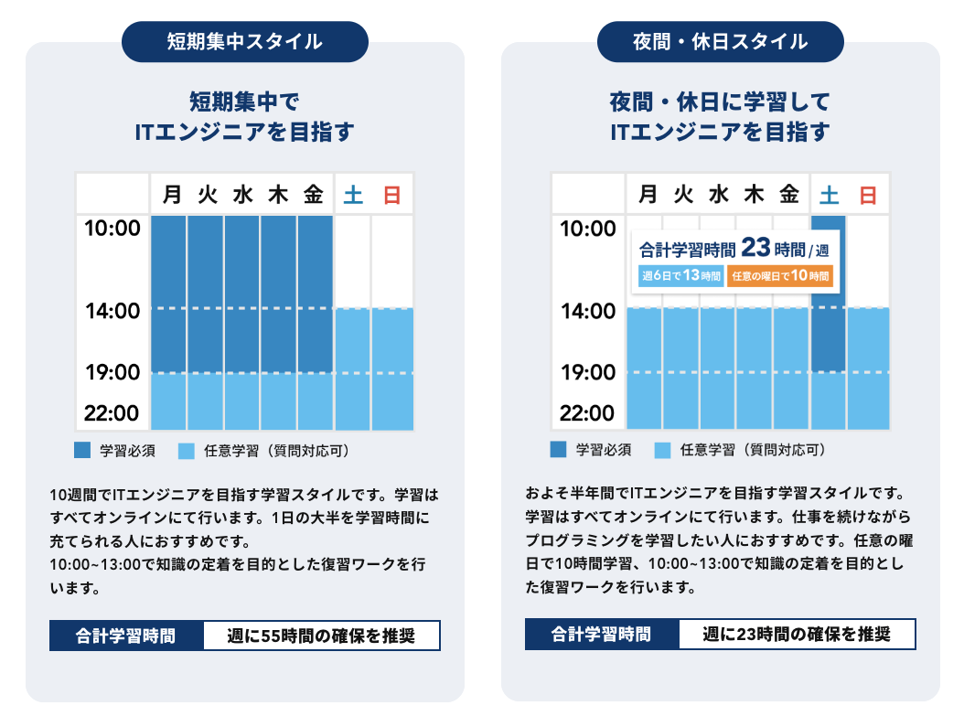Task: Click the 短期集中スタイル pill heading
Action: (244, 41)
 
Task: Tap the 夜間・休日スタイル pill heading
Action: (720, 41)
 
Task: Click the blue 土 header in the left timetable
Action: (352, 194)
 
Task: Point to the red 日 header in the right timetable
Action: (868, 194)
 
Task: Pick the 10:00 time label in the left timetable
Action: (112, 228)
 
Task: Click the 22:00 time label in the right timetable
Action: (588, 413)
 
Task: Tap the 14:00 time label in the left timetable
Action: (112, 312)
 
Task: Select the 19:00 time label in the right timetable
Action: (588, 372)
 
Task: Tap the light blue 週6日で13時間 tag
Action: (680, 276)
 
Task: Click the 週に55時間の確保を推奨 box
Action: (320, 636)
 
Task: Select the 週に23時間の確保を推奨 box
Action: (796, 635)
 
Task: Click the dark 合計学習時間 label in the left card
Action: (126, 636)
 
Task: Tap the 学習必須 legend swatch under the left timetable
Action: (82, 450)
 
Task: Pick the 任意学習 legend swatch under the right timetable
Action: (663, 450)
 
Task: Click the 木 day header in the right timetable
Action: (755, 194)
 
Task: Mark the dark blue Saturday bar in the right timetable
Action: (829, 338)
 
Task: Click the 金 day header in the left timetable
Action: (314, 194)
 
